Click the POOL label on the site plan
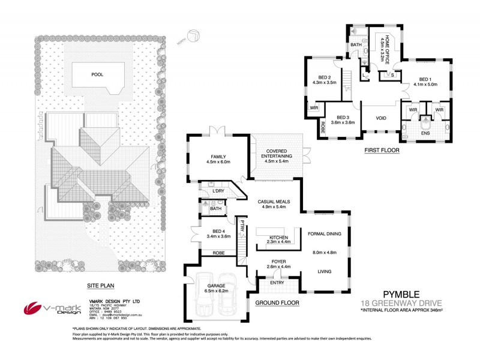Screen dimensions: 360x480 pyautogui.click(x=97, y=75)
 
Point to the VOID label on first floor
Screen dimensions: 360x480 pyautogui.click(x=381, y=118)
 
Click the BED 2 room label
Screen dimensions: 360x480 pyautogui.click(x=325, y=79)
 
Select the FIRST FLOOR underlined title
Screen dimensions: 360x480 pyautogui.click(x=382, y=151)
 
